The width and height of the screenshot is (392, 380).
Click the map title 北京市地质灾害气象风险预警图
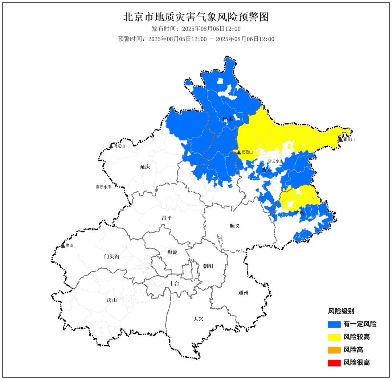196,17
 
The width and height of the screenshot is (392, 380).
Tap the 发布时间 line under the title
196,29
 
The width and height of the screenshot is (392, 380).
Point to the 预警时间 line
196,39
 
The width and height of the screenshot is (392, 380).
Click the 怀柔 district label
228,119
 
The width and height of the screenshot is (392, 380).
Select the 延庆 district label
145,167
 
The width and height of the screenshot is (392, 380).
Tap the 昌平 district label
167,218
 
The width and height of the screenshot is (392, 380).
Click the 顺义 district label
235,226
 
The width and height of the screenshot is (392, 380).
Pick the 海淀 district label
172,252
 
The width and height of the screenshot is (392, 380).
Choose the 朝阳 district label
208,266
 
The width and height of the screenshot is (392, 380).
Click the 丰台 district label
174,283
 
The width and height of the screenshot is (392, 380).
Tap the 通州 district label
243,293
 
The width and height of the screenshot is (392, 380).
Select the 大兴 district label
198,319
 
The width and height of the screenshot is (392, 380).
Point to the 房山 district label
111,300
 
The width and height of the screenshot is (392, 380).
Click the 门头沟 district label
111,257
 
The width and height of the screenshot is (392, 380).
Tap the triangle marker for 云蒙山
238,152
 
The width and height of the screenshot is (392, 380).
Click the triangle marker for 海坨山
111,146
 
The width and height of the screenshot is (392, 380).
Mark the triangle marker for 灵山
63,245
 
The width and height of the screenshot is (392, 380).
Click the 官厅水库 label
103,187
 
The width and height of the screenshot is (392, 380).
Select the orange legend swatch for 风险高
334,350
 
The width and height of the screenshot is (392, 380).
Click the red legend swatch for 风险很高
334,363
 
